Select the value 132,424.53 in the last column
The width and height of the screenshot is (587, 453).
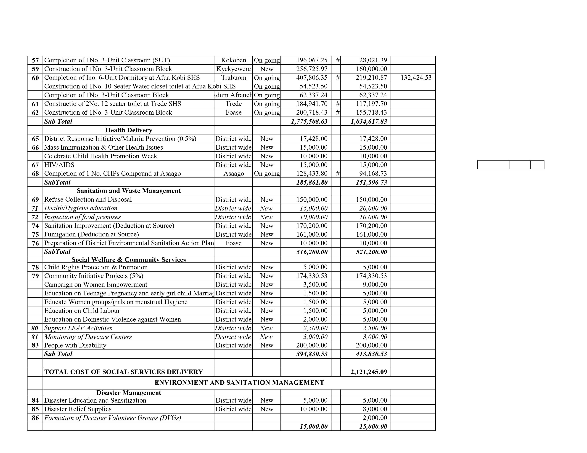click(x=416, y=78)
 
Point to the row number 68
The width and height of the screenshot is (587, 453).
click(x=35, y=174)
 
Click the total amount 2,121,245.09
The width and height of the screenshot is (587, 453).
click(x=369, y=372)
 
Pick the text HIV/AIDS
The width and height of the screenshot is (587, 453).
click(x=59, y=165)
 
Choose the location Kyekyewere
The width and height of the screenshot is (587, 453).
click(x=233, y=69)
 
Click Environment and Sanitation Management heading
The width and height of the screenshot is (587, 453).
click(x=239, y=383)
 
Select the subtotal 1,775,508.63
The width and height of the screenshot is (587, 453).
click(x=309, y=122)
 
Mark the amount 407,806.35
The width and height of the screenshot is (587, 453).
click(x=312, y=78)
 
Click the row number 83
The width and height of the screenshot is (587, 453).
click(x=35, y=345)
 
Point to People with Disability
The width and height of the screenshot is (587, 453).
click(x=75, y=345)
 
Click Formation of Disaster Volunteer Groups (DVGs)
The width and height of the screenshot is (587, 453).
click(x=113, y=418)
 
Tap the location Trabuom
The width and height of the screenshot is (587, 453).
click(x=233, y=78)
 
